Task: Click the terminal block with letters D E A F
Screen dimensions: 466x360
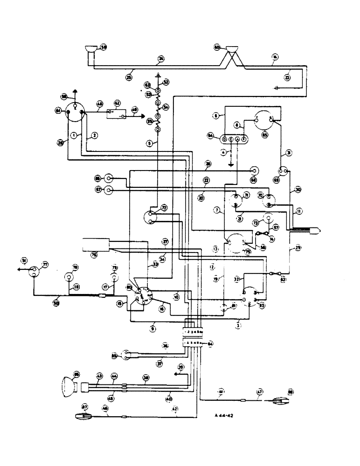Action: (234, 139)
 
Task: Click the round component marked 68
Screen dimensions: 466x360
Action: (255, 171)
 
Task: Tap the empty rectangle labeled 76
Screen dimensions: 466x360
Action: (96, 245)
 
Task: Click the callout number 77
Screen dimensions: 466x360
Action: (45, 264)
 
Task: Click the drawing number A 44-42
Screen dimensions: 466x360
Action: (225, 415)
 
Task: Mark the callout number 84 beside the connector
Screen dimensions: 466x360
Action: (211, 344)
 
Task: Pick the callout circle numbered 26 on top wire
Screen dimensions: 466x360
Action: (161, 58)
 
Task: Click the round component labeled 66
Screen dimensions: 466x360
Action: (109, 178)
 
